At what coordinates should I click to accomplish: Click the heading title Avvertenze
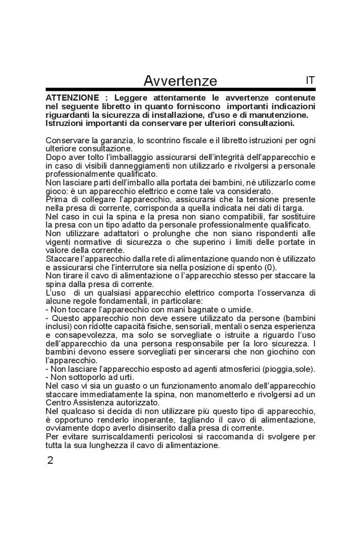pyautogui.click(x=180, y=81)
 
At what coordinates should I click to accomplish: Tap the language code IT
pyautogui.click(x=310, y=80)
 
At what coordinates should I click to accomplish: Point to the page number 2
pyautogui.click(x=50, y=461)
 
